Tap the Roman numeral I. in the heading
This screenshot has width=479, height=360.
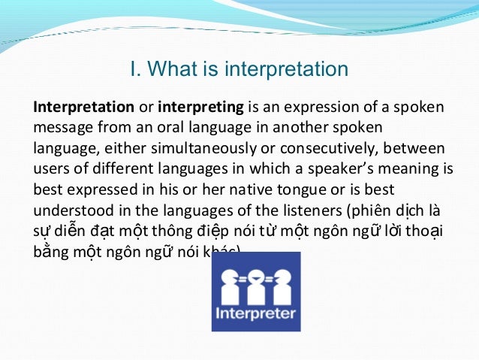pyautogui.click(x=135, y=70)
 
